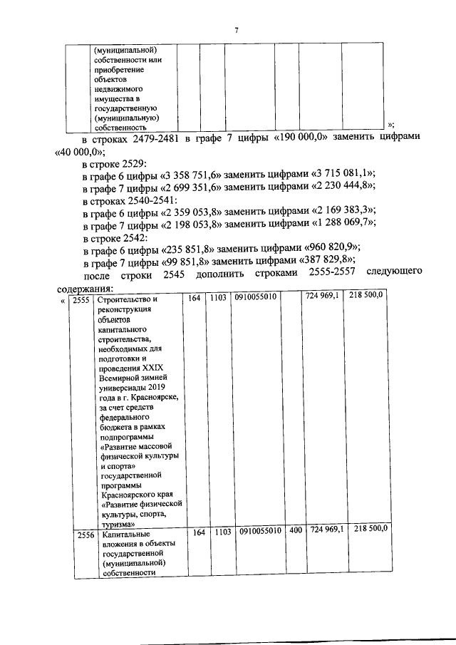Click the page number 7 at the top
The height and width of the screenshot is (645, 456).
click(x=235, y=29)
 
